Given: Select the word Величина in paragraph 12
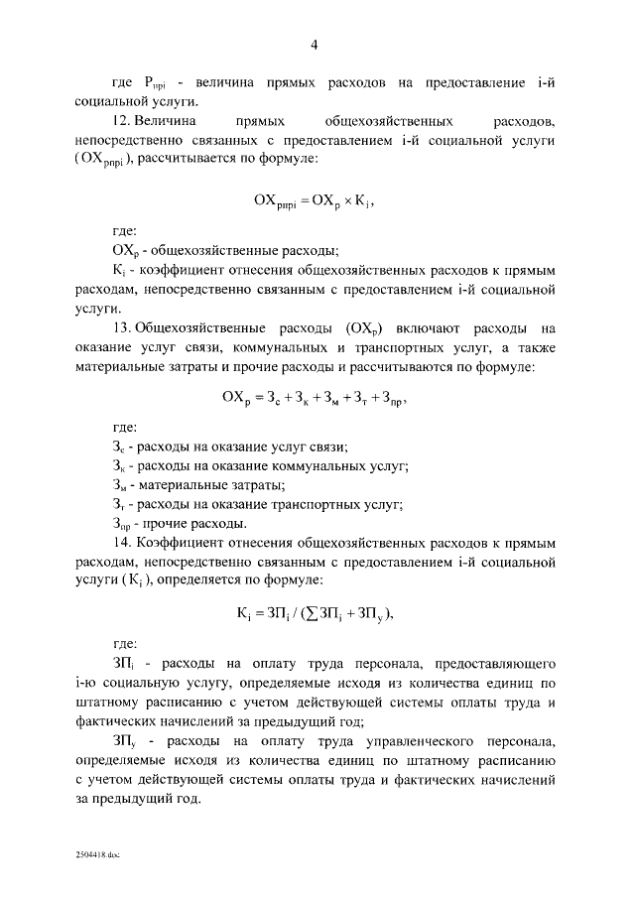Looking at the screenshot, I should coord(167,121).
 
